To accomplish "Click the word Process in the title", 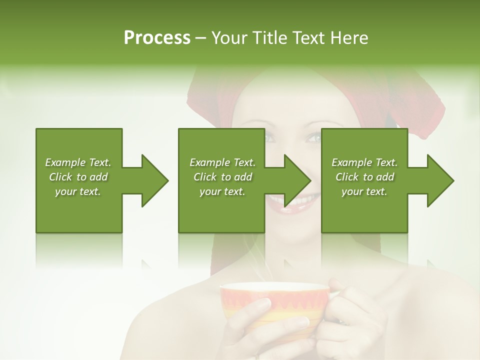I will click(157, 38).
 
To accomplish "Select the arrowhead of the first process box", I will click(154, 180).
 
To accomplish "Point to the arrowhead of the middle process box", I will click(297, 180).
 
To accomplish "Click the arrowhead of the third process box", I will click(440, 180).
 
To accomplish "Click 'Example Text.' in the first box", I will click(78, 162).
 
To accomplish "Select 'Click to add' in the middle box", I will click(222, 177).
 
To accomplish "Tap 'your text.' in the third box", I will click(364, 191).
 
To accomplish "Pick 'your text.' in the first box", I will click(78, 191).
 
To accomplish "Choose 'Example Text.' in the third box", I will click(364, 162).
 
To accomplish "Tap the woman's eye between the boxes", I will click(313, 137).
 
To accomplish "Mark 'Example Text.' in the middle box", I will click(222, 162).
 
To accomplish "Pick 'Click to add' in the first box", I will click(78, 177).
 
